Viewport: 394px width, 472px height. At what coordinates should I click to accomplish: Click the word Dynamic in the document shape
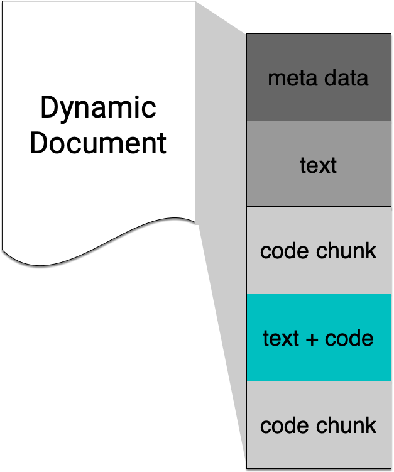[x=98, y=108]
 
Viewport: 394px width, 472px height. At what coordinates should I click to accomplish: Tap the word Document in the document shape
[x=98, y=143]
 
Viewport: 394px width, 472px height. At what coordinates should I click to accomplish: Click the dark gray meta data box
[x=319, y=77]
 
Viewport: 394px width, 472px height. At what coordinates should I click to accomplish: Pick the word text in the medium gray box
[x=318, y=165]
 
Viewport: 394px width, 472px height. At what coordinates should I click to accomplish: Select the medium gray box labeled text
[x=319, y=164]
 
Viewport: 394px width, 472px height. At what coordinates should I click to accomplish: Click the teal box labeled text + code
[x=319, y=338]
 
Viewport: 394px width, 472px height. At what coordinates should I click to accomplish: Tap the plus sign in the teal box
[x=312, y=339]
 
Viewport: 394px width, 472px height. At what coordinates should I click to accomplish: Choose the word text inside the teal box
[x=280, y=338]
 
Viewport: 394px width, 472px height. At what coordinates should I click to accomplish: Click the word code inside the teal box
[x=349, y=338]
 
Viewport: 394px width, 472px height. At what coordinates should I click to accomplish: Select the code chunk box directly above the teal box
[x=319, y=250]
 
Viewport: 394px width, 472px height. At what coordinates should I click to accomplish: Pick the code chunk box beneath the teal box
[x=319, y=425]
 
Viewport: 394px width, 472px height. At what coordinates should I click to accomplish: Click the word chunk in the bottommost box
[x=346, y=425]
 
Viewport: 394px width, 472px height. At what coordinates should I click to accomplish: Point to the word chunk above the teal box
[x=346, y=250]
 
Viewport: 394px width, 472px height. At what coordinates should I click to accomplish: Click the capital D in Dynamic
[x=49, y=107]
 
